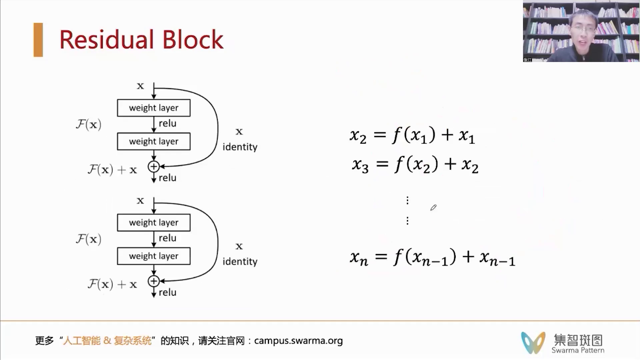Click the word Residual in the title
coord(106,40)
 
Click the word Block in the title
coord(193,40)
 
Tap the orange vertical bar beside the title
coord(38,40)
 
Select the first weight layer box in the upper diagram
coord(154,108)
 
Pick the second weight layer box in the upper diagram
coord(154,141)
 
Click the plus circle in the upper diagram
coord(154,166)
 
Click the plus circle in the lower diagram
coord(154,281)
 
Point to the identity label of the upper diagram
coord(240,147)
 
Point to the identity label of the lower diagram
coord(240,262)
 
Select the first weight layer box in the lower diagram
coord(154,222)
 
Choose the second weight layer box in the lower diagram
coord(154,256)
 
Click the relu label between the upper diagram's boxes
coord(167,123)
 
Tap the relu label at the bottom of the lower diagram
coord(167,292)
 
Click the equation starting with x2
coord(412,135)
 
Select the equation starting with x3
coord(415,165)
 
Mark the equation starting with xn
coord(433,257)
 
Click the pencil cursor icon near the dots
coord(433,208)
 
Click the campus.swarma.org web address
coord(298,341)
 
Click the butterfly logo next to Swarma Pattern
coord(533,342)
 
